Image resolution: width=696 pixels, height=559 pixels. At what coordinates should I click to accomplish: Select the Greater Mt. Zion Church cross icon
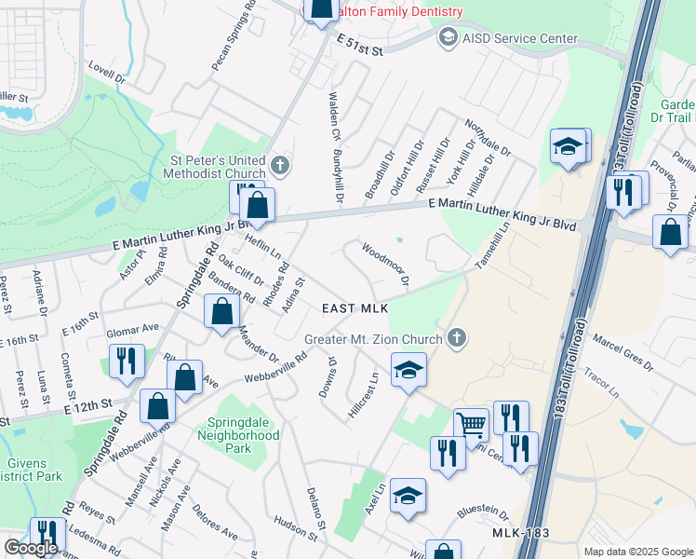456,337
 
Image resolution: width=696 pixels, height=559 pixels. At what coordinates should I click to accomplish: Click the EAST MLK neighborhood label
354,308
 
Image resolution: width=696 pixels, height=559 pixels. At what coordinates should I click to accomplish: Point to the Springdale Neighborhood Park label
237,435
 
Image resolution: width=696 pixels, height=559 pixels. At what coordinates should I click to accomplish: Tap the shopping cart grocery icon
472,425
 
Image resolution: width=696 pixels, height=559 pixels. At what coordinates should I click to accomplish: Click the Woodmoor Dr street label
385,264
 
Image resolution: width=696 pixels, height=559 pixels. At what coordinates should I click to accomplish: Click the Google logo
31,549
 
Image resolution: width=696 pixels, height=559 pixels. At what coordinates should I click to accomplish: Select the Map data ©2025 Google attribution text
638,552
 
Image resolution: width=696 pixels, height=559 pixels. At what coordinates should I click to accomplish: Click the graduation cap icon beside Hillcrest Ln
408,369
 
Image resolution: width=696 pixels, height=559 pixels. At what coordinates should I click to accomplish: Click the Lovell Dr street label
107,74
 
